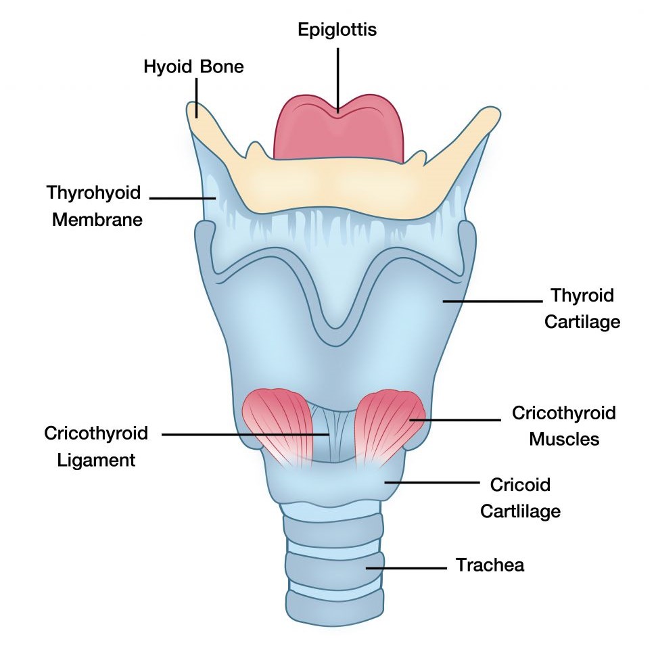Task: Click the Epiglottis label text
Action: (337, 30)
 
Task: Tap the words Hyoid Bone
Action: (193, 66)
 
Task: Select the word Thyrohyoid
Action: (93, 193)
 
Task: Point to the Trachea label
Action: (490, 565)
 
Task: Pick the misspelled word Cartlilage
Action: (520, 511)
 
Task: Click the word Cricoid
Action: (519, 485)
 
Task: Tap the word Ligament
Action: (89, 460)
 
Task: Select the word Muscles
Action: (564, 439)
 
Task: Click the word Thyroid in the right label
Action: (582, 296)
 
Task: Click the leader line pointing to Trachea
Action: (406, 567)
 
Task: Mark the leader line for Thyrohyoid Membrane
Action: (183, 198)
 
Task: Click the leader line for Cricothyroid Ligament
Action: (243, 434)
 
